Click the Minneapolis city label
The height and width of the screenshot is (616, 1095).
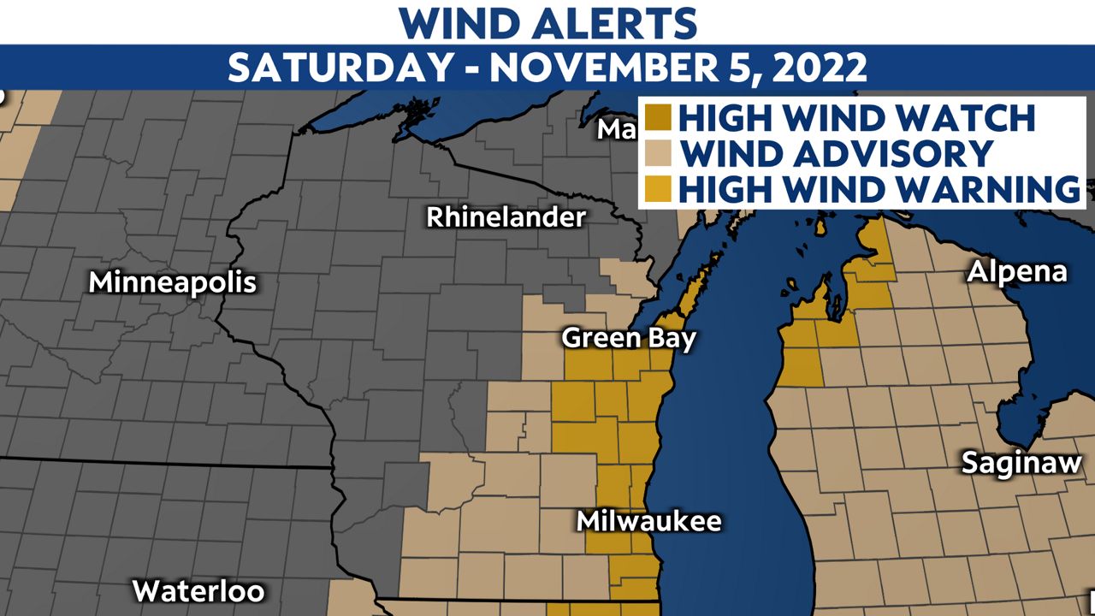[x=174, y=282]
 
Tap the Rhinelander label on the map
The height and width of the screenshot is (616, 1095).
[x=506, y=217]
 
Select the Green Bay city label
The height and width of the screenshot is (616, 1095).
[x=629, y=338]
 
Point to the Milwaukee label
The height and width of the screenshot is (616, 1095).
[x=648, y=520]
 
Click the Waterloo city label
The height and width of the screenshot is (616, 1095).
[x=198, y=590]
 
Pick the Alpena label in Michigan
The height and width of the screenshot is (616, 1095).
[x=1017, y=272]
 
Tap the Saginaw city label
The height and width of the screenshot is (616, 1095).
[x=1021, y=463]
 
